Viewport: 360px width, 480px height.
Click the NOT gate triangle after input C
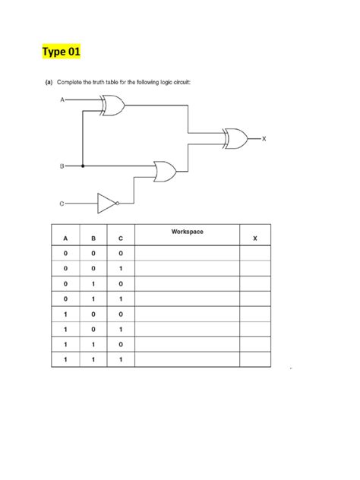point(106,203)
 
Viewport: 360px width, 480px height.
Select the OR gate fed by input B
point(163,172)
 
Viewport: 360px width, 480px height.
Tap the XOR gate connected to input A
point(113,106)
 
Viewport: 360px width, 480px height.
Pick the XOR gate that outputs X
point(234,138)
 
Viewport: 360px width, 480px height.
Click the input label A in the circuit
point(60,99)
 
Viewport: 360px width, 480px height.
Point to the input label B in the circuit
point(60,165)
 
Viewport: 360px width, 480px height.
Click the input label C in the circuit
point(60,204)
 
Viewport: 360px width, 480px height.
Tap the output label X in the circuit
point(264,138)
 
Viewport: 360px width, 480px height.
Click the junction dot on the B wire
point(83,165)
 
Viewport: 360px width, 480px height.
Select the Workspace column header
point(188,230)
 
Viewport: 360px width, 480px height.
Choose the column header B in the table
point(93,238)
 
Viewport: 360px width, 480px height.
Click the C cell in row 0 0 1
point(121,269)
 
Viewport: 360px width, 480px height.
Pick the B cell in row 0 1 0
point(93,285)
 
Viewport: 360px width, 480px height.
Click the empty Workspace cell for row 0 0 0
point(188,254)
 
